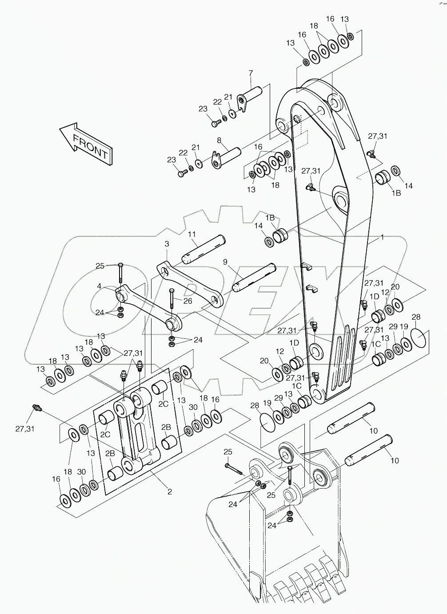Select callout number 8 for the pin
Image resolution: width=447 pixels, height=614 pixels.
[x=219, y=140]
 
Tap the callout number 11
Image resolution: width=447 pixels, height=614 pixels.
[x=192, y=234]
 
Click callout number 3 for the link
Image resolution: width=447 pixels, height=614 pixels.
[x=167, y=244]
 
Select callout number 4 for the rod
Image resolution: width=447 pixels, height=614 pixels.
[x=100, y=285]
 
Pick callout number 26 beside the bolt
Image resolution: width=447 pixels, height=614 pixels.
[x=188, y=301]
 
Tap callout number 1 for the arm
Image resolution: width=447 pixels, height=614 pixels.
[x=382, y=238]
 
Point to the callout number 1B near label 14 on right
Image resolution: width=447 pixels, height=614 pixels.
[x=396, y=193]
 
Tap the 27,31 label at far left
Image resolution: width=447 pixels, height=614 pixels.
[x=24, y=429]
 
